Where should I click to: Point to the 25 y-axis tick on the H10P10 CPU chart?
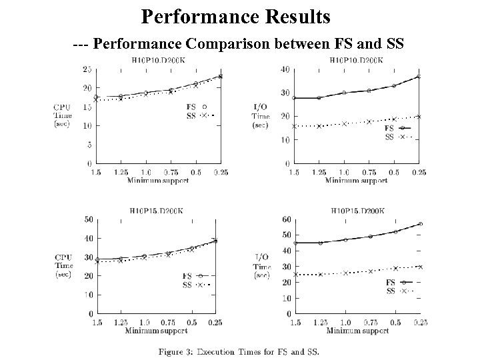coord(87,69)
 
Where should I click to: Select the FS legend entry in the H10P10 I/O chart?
coord(390,128)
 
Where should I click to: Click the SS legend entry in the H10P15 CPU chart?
coord(188,285)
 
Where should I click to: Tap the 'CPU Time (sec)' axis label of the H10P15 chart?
coord(63,265)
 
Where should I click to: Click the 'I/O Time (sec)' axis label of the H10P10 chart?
coord(261,115)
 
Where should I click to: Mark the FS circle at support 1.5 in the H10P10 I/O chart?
coord(294,98)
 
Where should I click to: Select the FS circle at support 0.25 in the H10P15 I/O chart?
coord(420,224)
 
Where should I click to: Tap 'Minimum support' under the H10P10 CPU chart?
coord(159,180)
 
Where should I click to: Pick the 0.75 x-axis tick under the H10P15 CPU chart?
coord(168,323)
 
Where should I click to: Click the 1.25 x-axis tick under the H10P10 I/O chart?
coord(319,173)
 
